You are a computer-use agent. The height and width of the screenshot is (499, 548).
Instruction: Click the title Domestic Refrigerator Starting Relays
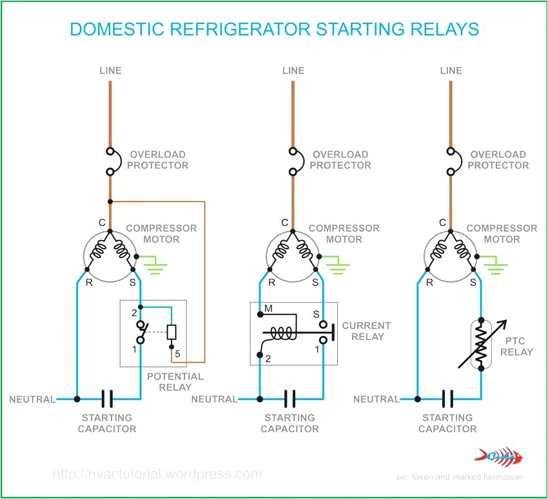[274, 29]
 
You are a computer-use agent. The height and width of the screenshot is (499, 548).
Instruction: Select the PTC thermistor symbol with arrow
[481, 344]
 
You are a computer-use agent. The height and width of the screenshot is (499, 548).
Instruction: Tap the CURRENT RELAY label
[366, 331]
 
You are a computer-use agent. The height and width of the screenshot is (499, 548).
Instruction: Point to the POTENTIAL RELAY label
[175, 382]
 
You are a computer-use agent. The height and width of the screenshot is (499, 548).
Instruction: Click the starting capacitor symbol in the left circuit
[108, 399]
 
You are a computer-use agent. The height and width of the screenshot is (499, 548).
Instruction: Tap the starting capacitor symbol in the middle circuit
[290, 399]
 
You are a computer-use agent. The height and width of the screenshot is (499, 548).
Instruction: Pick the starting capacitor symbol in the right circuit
[448, 399]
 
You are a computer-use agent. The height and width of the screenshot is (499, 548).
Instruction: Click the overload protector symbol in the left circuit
[110, 162]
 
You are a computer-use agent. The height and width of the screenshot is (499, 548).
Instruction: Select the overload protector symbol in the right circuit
[451, 162]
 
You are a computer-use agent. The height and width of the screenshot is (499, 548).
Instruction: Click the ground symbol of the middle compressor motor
[337, 263]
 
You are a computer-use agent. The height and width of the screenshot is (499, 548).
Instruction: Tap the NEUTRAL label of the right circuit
[375, 399]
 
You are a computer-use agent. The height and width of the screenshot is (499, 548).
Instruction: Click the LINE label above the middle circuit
[293, 70]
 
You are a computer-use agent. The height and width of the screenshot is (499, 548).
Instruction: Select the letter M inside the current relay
[269, 309]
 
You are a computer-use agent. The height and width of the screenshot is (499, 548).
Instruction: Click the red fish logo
[498, 457]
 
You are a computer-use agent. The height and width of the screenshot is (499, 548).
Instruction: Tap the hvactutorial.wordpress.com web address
[157, 475]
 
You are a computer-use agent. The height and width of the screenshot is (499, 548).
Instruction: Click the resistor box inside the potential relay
[171, 332]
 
